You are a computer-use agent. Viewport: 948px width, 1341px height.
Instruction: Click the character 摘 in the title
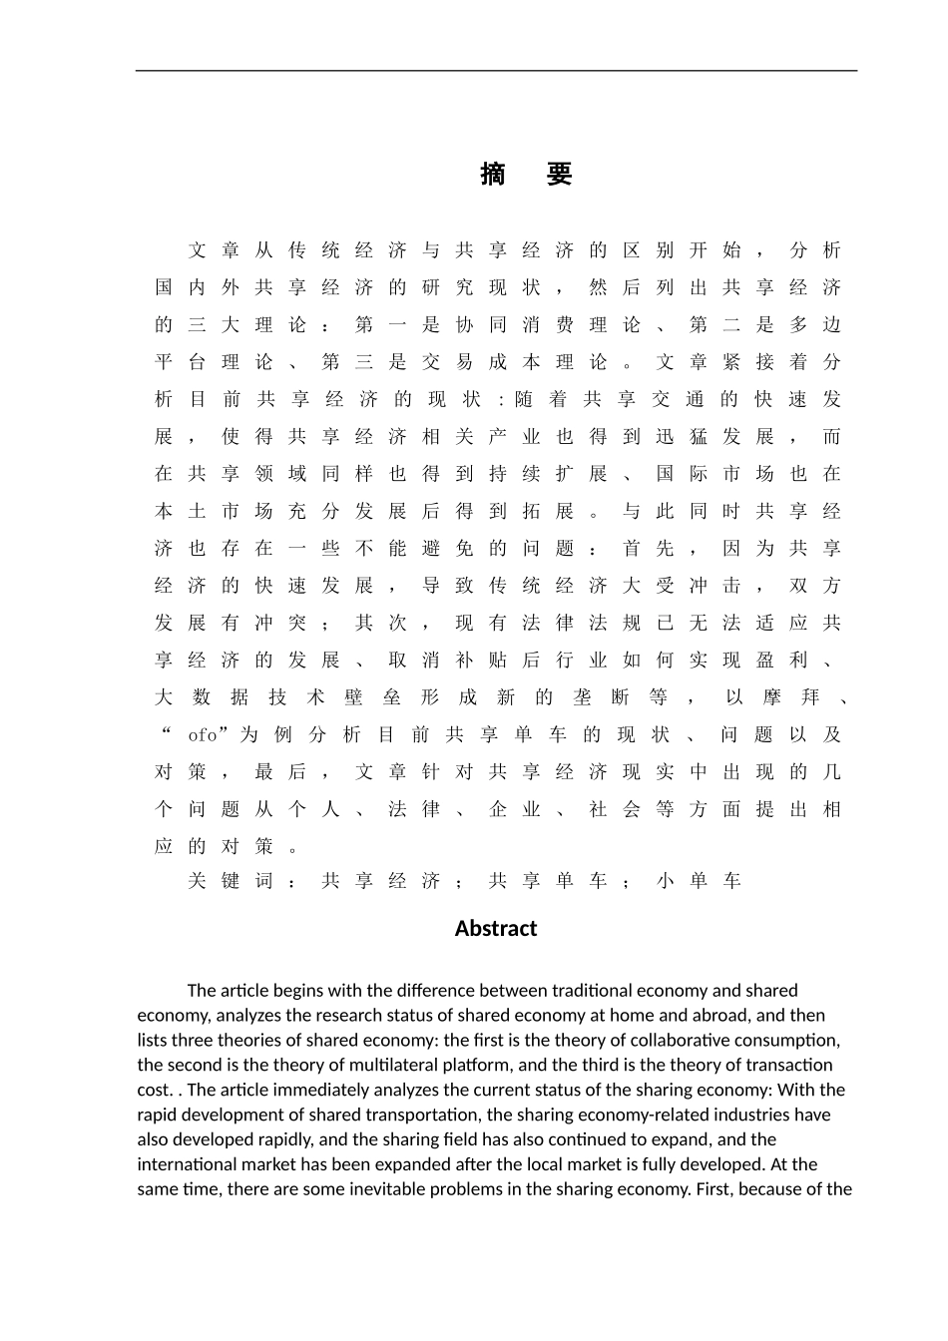(493, 175)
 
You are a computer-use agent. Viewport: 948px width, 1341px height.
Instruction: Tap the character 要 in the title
(560, 175)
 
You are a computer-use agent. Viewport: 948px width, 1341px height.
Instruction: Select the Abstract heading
(496, 929)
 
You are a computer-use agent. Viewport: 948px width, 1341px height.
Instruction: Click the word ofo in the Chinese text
(203, 735)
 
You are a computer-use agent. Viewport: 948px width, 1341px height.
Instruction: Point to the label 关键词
(231, 881)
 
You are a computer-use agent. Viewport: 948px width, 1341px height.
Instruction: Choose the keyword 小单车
(700, 881)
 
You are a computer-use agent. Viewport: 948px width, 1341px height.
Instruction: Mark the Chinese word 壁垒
(370, 697)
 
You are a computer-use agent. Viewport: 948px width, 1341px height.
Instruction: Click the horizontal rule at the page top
(496, 71)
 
